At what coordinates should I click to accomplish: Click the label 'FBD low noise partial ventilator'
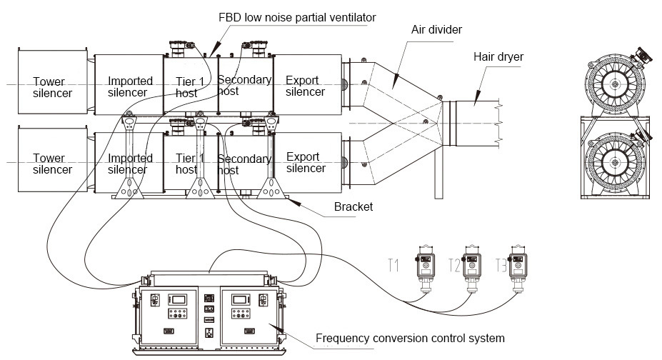coord(297,17)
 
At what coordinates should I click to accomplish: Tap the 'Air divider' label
coord(436,29)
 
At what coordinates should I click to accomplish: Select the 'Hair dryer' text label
coord(498,57)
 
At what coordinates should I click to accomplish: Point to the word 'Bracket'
coord(353,206)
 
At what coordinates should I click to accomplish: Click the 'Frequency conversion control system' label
coord(410,338)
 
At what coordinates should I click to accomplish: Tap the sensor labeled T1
coord(426,269)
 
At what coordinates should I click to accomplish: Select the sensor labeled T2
coord(472,269)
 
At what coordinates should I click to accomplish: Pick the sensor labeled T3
coord(518,269)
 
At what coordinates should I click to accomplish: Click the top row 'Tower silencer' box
coord(53,81)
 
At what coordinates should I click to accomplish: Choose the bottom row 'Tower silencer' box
coord(53,159)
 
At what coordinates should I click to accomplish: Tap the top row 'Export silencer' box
coord(307,85)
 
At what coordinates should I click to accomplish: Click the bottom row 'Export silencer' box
coord(307,162)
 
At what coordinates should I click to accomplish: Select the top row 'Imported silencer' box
coord(129,85)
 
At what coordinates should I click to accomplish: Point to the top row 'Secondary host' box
coord(246,85)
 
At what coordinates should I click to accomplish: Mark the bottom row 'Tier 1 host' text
coord(189,164)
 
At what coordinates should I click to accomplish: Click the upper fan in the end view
coord(615,84)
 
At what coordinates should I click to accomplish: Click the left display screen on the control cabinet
coord(178,300)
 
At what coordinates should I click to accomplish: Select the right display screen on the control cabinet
coord(240,300)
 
